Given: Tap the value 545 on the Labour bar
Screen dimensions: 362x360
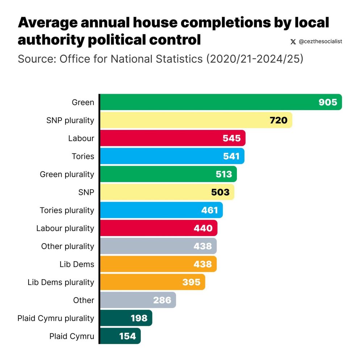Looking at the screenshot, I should [231, 138].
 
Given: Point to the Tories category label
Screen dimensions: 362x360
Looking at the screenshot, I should [83, 156].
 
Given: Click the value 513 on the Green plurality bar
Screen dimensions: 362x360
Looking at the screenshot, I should [223, 174].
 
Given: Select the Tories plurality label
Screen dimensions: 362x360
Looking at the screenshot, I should [67, 210].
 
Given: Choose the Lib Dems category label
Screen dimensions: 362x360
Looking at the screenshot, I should [77, 264].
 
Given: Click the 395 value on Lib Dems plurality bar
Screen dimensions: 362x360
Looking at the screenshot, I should [191, 282].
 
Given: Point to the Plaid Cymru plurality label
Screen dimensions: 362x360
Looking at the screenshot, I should [56, 318].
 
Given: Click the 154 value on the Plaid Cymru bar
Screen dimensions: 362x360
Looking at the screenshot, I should [127, 336].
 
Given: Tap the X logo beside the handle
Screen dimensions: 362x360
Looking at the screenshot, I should [293, 42].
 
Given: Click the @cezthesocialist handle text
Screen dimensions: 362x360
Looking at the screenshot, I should [320, 42].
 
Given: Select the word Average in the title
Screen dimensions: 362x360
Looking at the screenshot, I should [46, 22].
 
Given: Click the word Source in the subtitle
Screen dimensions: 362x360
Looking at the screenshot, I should [36, 59].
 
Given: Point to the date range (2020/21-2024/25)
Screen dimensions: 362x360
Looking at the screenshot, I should [255, 59].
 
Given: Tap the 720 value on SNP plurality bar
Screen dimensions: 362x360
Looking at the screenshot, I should [278, 120].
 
